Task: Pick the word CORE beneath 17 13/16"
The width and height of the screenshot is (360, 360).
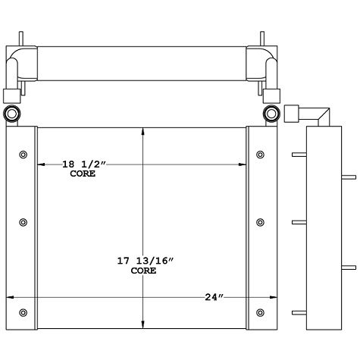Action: pos(143,271)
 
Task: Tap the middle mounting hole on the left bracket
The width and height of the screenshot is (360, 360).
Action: pos(23,222)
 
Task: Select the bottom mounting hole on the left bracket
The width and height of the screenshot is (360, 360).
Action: pos(23,312)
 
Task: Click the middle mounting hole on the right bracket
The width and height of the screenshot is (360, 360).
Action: pos(261,222)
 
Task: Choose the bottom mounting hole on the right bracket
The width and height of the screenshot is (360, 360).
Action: pos(261,312)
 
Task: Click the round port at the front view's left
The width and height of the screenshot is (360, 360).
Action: pos(14,114)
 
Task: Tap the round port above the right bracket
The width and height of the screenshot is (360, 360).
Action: pos(271,114)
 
